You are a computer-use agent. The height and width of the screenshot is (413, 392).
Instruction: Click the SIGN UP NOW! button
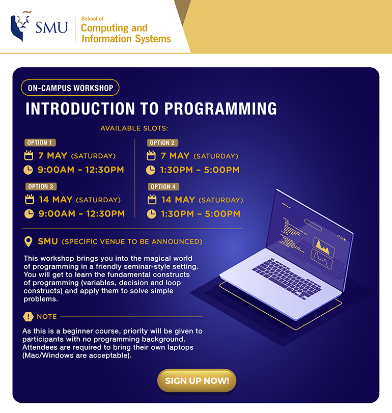[x=197, y=380]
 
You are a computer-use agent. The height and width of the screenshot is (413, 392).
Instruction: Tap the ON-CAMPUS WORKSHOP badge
[x=70, y=88]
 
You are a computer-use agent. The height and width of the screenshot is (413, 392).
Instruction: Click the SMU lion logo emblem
[x=20, y=27]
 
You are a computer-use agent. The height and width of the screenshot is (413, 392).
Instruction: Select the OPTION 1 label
[x=40, y=143]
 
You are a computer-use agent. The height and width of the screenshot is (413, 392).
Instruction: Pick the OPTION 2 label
[x=162, y=143]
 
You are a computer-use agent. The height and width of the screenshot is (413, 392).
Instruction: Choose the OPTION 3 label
[x=41, y=186]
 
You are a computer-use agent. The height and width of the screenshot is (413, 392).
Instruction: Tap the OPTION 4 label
[x=163, y=186]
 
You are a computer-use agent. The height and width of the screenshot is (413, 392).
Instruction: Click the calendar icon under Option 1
[x=29, y=155]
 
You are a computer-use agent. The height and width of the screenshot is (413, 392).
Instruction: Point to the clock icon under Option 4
[x=151, y=214]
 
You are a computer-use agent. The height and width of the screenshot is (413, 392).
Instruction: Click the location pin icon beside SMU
[x=29, y=241]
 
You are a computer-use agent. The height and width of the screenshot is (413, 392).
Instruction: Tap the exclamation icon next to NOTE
[x=28, y=317]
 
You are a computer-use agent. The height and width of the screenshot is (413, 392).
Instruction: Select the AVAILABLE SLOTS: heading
[x=134, y=128]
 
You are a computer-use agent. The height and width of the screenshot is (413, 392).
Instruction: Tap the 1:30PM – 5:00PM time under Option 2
[x=200, y=170]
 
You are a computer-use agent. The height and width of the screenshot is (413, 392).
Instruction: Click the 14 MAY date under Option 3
[x=55, y=200]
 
